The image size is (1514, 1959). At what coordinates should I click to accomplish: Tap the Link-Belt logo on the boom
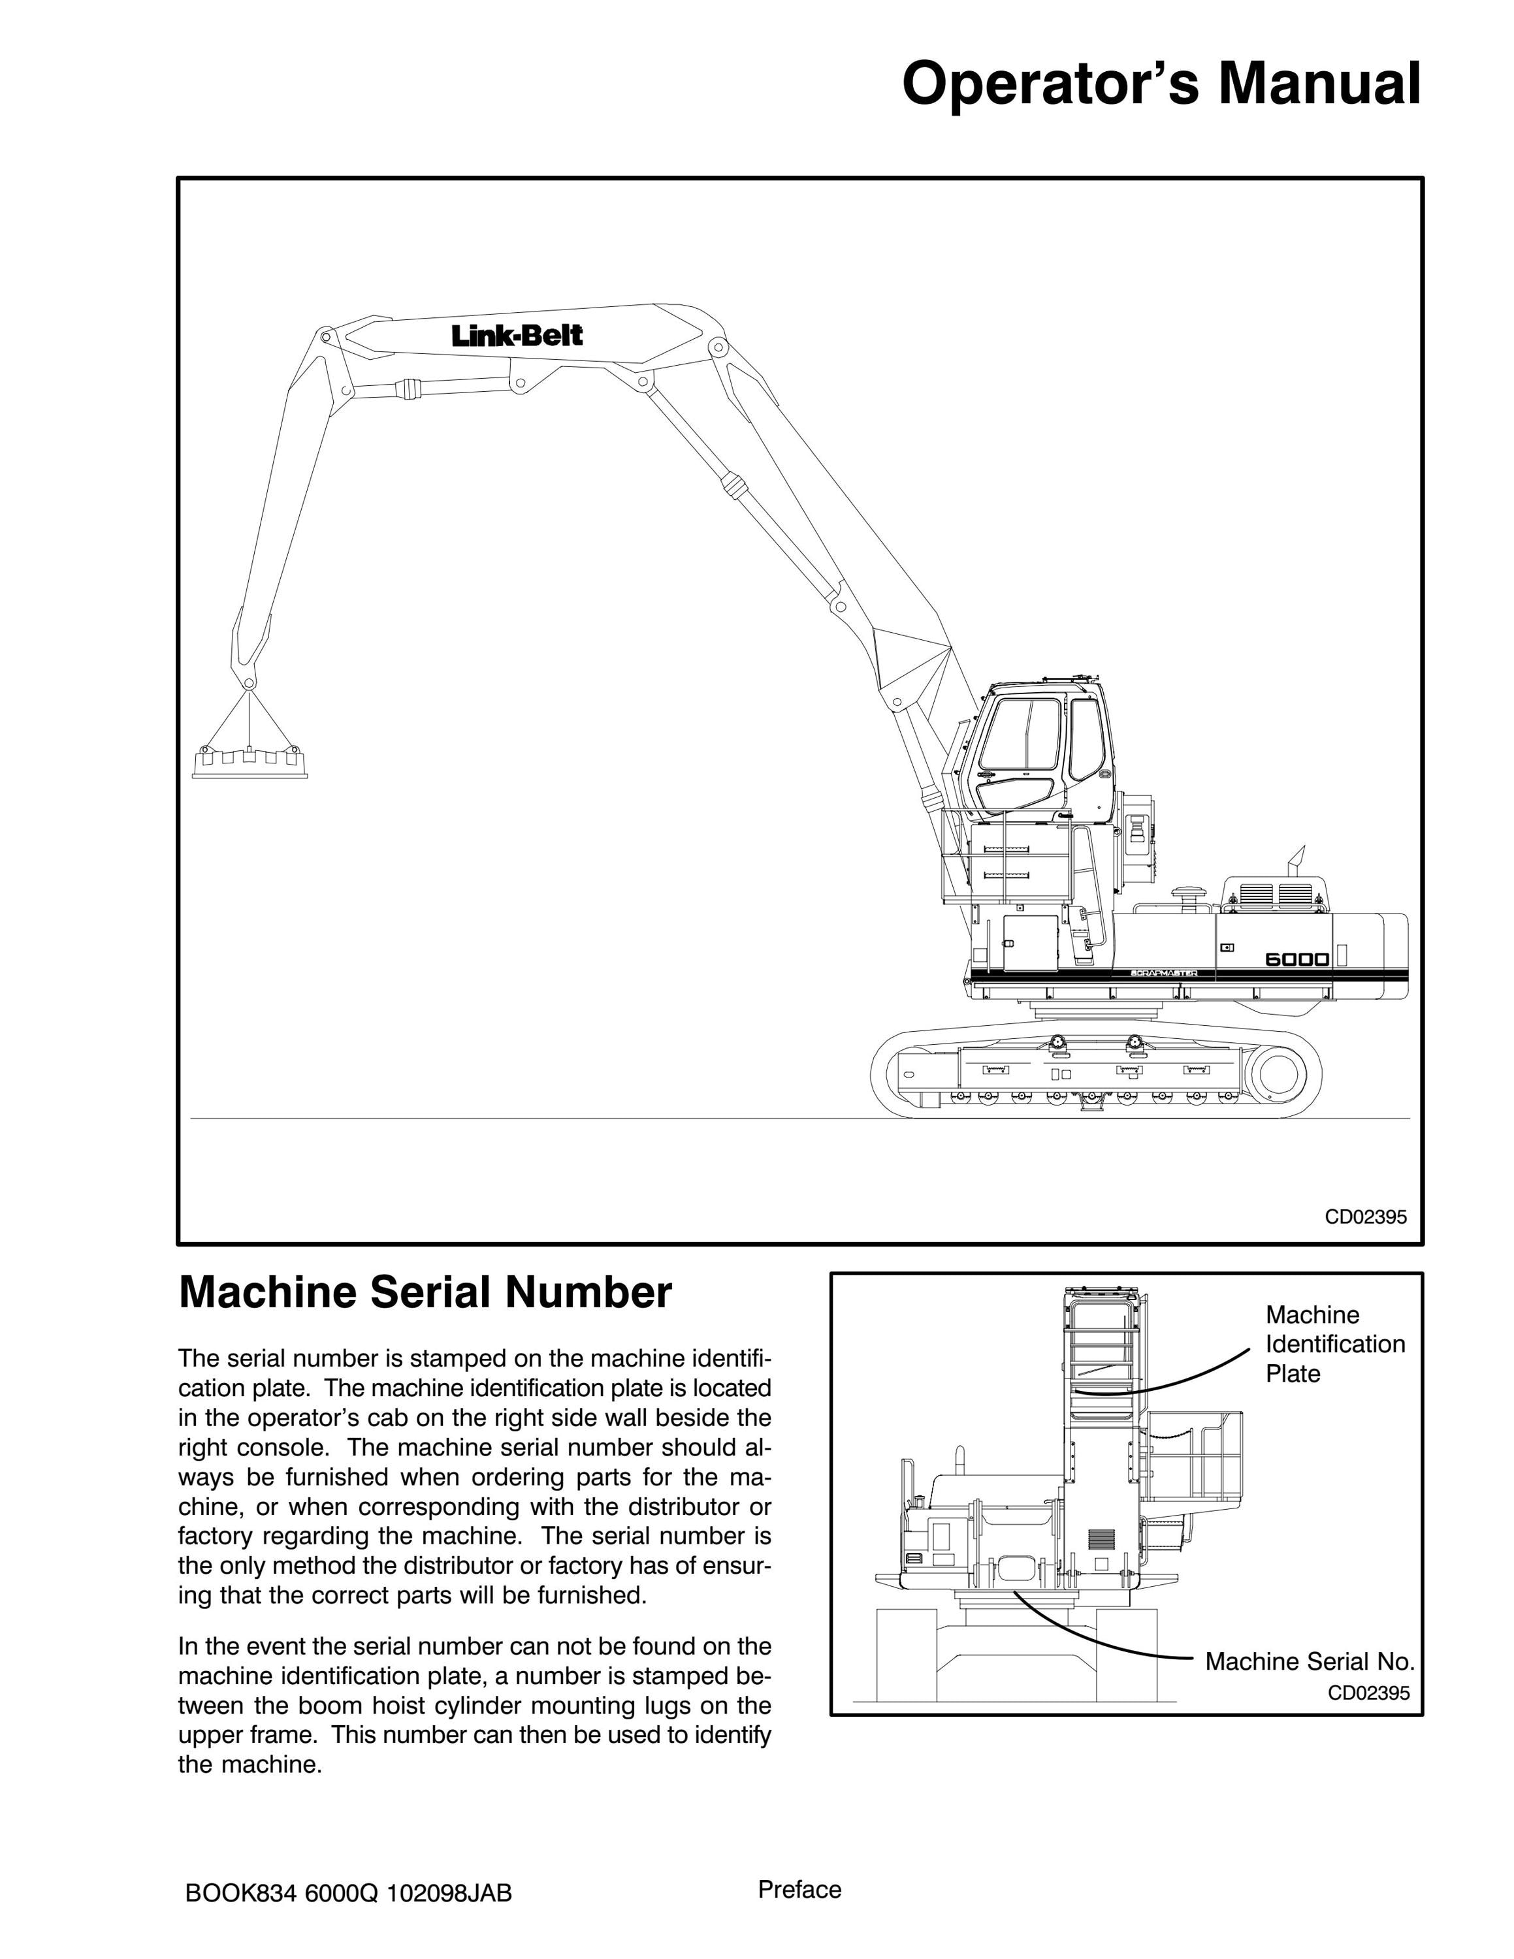pos(517,336)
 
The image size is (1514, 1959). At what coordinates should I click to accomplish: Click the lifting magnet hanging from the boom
pos(250,761)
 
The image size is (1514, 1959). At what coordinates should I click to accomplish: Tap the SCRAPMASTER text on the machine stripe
pos(1163,973)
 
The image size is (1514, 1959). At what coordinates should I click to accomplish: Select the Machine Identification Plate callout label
pos(1334,1344)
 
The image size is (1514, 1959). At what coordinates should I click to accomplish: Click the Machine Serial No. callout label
pos(1310,1661)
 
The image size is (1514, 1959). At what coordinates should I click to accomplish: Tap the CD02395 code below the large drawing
pos(1366,1217)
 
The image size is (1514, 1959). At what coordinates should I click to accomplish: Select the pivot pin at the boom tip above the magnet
pos(250,684)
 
